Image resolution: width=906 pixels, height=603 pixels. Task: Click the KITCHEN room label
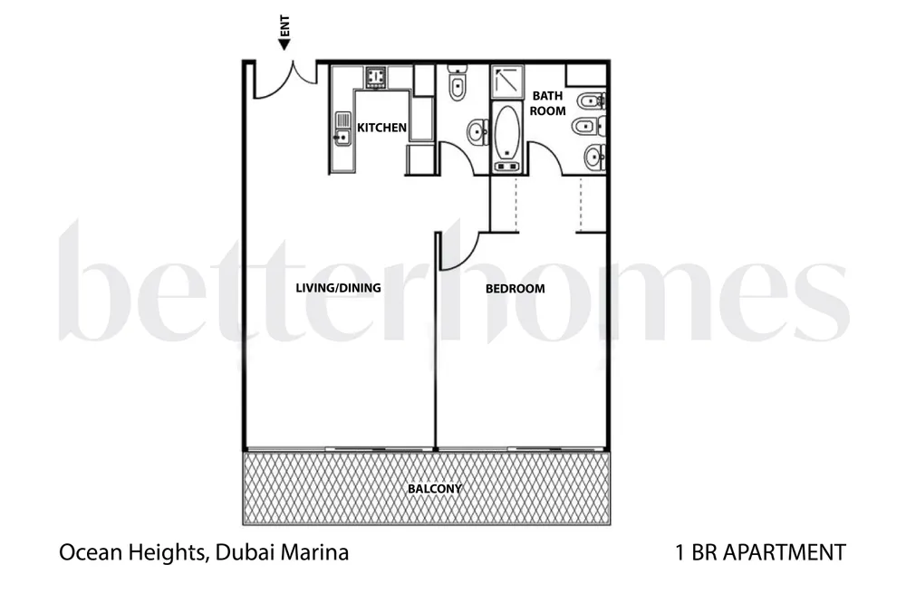(x=381, y=128)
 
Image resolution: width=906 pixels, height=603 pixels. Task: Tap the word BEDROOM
(x=515, y=289)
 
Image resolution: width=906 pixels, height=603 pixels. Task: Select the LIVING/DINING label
(x=338, y=288)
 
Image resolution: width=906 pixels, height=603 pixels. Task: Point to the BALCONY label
(x=435, y=489)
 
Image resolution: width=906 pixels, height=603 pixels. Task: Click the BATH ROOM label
(x=548, y=103)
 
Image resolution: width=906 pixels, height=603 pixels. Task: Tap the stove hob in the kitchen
(x=376, y=77)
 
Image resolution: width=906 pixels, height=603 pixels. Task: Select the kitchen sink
(x=342, y=129)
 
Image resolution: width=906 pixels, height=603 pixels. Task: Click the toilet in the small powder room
(x=457, y=83)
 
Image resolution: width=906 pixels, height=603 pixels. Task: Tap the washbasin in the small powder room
(x=477, y=131)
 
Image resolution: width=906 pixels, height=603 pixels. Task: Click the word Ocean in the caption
(x=91, y=552)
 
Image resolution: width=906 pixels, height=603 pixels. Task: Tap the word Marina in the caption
(x=315, y=552)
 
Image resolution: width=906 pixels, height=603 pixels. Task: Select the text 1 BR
(x=696, y=552)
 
